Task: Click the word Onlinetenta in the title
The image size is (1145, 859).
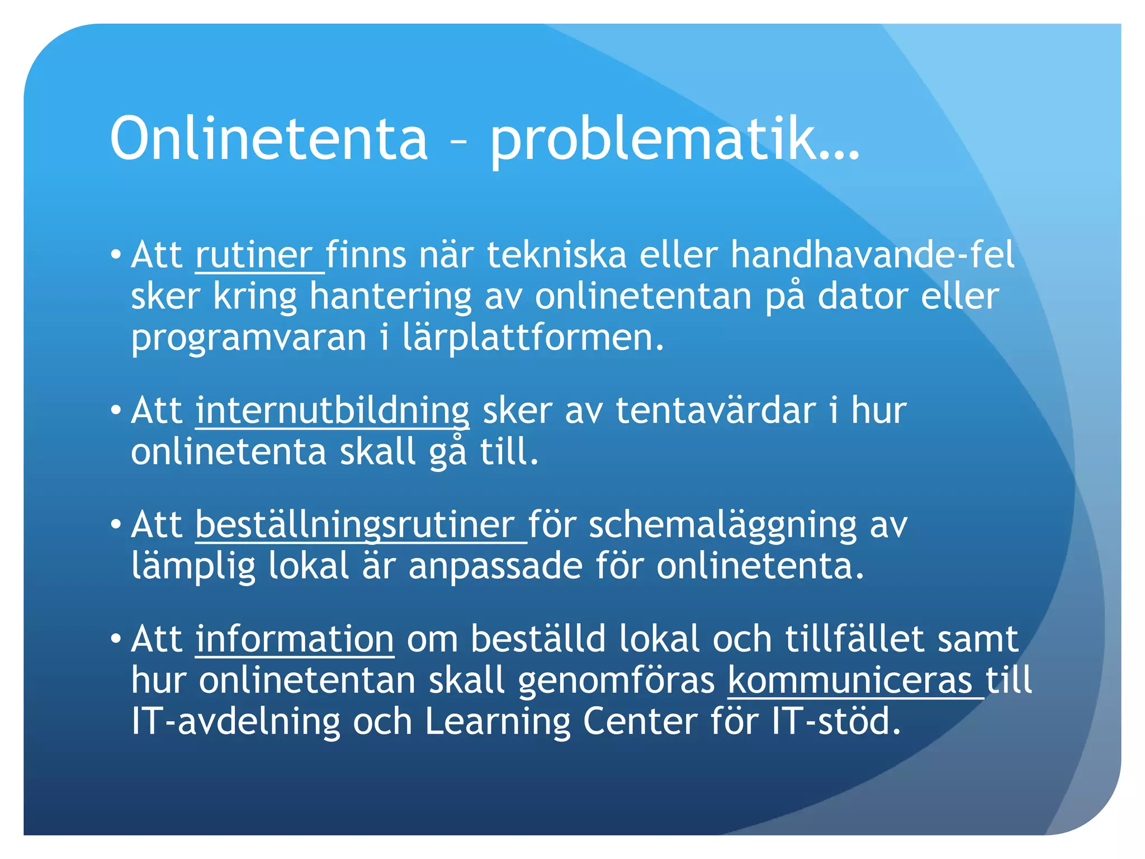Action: pos(268,138)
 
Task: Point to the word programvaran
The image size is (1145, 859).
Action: pos(248,338)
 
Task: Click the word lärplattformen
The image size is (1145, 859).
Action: pos(533,338)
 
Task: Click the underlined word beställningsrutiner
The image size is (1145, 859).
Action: pos(356,526)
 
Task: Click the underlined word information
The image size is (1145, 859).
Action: pos(295,639)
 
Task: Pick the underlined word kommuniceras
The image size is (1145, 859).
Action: pos(850,681)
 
